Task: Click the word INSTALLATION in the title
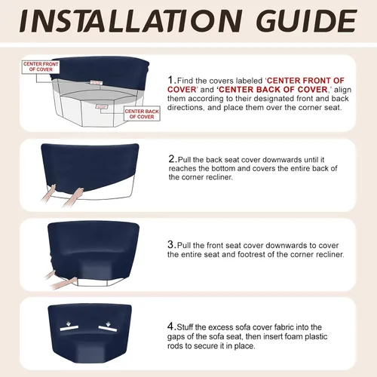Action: pos(131,21)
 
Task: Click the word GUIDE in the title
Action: pos(306,21)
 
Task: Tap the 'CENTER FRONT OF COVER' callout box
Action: pos(41,67)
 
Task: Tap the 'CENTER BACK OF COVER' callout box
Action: pos(142,114)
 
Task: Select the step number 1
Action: pos(171,80)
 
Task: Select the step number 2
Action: pos(172,159)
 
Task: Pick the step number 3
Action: pos(171,244)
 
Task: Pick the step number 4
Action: pos(171,326)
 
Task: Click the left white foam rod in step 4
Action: pos(69,328)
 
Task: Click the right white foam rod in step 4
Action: pos(108,329)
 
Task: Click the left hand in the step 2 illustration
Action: pos(49,194)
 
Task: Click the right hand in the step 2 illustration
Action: pos(73,198)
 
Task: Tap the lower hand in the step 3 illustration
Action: pos(63,284)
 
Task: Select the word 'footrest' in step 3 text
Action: pos(251,254)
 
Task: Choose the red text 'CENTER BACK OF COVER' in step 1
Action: pos(273,90)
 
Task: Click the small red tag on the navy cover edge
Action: pos(97,82)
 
